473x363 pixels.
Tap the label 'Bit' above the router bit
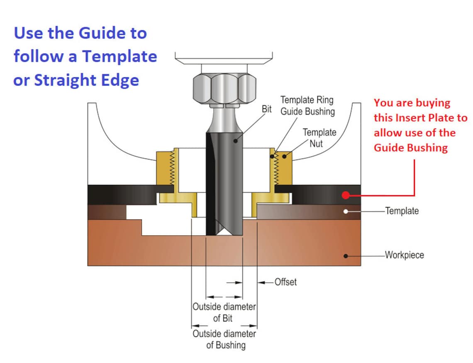pyautogui.click(x=267, y=109)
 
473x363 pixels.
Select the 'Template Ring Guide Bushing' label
pyautogui.click(x=307, y=106)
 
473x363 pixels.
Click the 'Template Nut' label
pyautogui.click(x=319, y=138)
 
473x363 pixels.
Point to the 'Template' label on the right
pyautogui.click(x=402, y=211)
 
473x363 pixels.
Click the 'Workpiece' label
pyautogui.click(x=404, y=255)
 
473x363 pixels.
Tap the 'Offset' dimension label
pyautogui.click(x=285, y=282)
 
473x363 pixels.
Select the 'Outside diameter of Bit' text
pyautogui.click(x=224, y=313)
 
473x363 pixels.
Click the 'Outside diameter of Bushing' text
pyautogui.click(x=224, y=339)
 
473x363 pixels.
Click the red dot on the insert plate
pyautogui.click(x=345, y=195)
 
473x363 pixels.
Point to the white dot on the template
pyautogui.click(x=345, y=211)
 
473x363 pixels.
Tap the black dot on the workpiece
pyautogui.click(x=345, y=256)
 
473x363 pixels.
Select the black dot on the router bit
pyautogui.click(x=235, y=141)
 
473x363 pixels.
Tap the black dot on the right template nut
pyautogui.click(x=284, y=157)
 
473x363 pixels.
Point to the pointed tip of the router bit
pyautogui.click(x=224, y=233)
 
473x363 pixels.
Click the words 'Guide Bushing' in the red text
pyautogui.click(x=410, y=148)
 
